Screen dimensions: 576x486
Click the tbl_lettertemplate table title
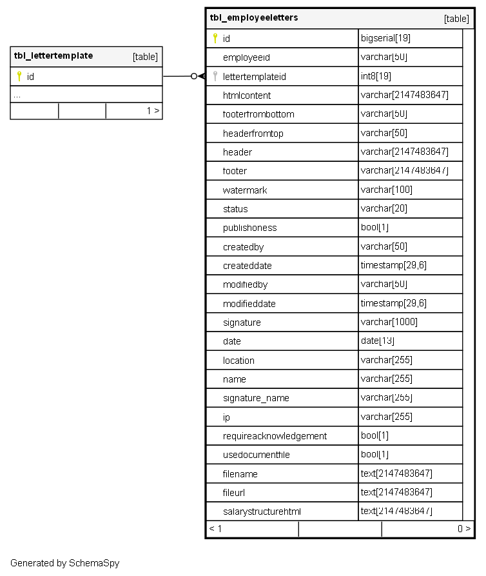[x=53, y=56]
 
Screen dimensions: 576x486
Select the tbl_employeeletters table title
[x=254, y=18]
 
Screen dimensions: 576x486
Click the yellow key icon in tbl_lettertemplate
[x=19, y=76]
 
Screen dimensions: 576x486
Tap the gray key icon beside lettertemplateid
[x=215, y=76]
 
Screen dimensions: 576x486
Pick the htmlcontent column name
[x=247, y=95]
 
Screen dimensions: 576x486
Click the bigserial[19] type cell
[x=385, y=38]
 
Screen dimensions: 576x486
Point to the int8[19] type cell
[x=376, y=76]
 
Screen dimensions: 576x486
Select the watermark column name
[x=245, y=190]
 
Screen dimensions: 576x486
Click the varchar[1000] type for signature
[x=389, y=322]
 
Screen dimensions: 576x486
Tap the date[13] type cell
[x=378, y=341]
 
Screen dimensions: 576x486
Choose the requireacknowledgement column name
[x=275, y=436]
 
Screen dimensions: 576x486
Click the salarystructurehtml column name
[x=262, y=511]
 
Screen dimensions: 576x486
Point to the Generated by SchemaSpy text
[x=64, y=563]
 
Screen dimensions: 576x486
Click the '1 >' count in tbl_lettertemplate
[x=153, y=111]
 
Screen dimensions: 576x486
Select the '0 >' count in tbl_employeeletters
[x=463, y=529]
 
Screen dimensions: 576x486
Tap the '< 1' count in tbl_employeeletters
[x=215, y=529]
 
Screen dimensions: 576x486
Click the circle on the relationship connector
[x=193, y=76]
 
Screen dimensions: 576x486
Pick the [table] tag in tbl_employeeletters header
[x=456, y=19]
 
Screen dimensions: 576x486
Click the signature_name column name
[x=256, y=398]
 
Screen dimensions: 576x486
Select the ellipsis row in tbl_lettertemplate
[x=17, y=95]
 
